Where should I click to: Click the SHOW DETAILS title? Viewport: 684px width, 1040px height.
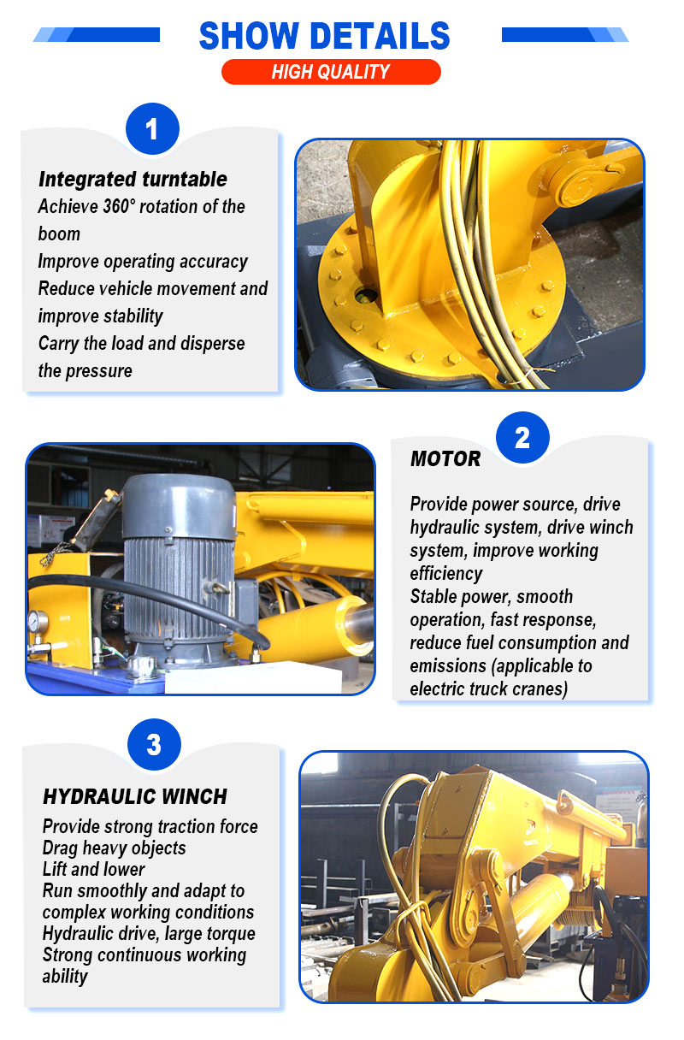(324, 35)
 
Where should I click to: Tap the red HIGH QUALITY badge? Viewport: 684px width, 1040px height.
(331, 72)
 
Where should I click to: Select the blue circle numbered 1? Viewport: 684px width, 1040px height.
(153, 128)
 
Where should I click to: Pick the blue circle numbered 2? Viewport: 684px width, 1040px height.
(522, 437)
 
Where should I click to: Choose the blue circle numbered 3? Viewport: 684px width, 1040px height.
(154, 745)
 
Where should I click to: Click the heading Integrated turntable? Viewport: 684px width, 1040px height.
(133, 180)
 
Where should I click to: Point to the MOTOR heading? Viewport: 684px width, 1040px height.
(445, 458)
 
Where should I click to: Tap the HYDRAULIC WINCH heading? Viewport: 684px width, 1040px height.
(135, 797)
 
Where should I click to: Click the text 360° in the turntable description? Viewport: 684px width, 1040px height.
(119, 206)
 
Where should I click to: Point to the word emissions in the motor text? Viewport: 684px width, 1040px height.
(448, 666)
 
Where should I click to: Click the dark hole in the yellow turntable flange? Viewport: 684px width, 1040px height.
(366, 294)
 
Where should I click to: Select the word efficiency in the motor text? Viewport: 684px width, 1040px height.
(446, 574)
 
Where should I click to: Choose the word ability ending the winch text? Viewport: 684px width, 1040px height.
(65, 977)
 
